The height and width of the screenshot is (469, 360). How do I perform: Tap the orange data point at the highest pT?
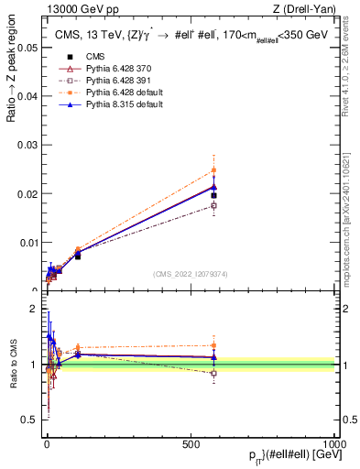[x=213, y=170]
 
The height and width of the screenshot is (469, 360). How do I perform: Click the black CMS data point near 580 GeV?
[x=213, y=195]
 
